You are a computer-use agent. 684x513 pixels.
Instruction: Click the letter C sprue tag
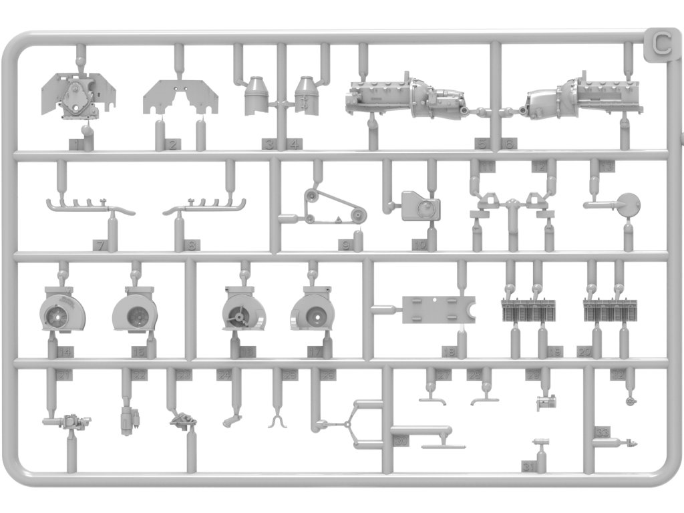point(662,45)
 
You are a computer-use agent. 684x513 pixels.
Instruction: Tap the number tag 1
point(78,144)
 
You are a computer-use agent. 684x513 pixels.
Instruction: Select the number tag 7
point(100,245)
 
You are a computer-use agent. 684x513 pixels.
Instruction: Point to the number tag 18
point(448,351)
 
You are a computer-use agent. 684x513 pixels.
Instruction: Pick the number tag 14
point(65,351)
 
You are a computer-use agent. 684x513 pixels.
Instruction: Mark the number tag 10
point(419,245)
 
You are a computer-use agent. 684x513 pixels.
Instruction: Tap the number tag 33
point(602,433)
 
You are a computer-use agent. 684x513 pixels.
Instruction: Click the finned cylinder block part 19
point(528,309)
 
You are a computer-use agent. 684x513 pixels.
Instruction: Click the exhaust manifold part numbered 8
point(204,206)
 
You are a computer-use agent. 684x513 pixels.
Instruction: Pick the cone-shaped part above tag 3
point(256,96)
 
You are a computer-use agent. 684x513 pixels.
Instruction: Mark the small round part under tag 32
point(631,401)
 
